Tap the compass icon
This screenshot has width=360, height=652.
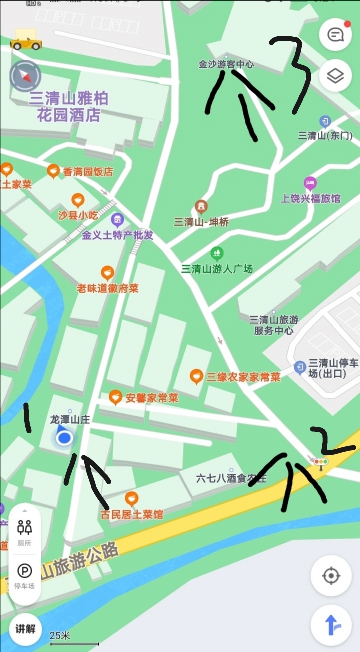[24, 76]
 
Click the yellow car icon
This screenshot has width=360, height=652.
[25, 40]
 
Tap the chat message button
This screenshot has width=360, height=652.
[335, 35]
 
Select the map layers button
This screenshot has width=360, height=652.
[335, 76]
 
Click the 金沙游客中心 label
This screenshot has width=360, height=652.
[226, 64]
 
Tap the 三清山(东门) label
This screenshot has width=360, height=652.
[325, 135]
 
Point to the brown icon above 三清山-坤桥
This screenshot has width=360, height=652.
[201, 206]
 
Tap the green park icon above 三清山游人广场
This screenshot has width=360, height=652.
[217, 253]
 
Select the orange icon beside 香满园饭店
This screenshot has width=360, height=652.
[53, 172]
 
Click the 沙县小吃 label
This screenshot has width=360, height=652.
[78, 215]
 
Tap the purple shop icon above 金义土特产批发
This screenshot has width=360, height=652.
[117, 219]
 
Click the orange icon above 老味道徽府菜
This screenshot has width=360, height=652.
[107, 273]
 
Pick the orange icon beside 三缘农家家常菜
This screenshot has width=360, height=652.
[196, 377]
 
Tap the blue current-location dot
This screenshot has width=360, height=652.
[64, 439]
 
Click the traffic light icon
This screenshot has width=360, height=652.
[320, 462]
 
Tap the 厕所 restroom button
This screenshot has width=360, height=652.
[25, 532]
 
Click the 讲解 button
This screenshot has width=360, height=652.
[25, 629]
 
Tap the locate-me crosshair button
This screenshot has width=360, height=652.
[331, 576]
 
